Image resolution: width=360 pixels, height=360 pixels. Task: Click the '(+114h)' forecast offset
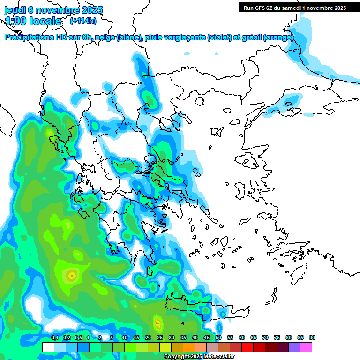83,21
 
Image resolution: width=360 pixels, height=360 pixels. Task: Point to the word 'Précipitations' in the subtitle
28,37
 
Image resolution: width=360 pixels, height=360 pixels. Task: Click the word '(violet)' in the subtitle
219,37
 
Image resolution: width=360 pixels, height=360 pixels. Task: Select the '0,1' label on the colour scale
54,338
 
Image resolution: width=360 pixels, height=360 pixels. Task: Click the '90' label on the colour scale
312,338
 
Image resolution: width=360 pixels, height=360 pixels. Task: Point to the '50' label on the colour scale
218,338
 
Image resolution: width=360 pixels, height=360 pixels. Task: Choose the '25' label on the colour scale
160,338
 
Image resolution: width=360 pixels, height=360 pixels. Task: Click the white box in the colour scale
48,347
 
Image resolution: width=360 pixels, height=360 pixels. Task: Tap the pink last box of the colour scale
306,347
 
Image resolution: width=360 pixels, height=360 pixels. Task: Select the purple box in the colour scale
294,347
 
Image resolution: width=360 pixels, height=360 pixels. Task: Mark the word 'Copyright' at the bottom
177,357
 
